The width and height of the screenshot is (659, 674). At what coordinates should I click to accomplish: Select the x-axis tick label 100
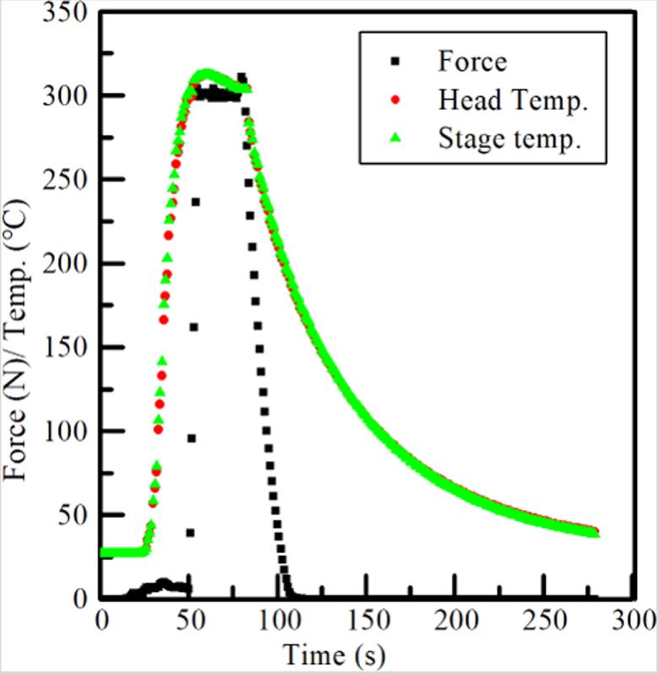(278, 622)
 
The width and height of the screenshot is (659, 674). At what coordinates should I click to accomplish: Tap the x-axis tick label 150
(367, 622)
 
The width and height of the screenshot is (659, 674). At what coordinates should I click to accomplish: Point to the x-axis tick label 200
(455, 622)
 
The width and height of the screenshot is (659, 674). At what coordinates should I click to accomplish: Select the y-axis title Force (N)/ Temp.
(20, 338)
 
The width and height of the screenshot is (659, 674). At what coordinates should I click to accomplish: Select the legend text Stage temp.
(509, 139)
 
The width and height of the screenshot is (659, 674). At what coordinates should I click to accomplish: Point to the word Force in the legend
(472, 63)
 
